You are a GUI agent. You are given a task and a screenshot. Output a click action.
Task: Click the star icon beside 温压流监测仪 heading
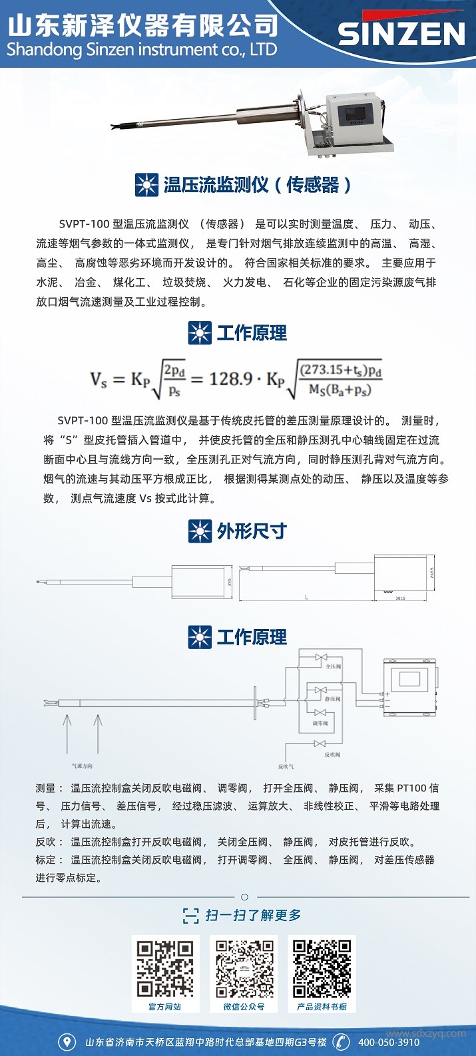point(146,184)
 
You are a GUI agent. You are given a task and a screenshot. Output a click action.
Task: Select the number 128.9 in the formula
point(230,379)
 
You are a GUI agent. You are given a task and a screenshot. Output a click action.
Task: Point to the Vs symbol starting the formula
point(99,380)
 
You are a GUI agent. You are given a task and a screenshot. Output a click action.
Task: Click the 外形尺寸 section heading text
point(252,531)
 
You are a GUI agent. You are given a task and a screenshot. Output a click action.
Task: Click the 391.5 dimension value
point(400,598)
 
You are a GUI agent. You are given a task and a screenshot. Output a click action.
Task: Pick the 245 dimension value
point(229,582)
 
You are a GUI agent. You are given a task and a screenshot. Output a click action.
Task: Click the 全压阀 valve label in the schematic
point(333,666)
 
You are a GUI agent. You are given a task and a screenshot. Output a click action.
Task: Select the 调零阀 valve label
point(320,723)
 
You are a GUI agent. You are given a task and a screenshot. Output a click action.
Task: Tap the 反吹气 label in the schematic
point(286,766)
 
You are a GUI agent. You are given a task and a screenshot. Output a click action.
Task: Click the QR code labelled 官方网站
point(165,968)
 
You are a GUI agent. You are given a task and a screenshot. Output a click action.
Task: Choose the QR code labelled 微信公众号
point(244,968)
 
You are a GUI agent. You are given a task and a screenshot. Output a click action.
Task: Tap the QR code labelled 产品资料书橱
point(322,968)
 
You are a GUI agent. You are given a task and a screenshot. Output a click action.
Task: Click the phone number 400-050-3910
point(389,1042)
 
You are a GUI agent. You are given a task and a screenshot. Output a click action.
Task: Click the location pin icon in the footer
point(67,1042)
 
